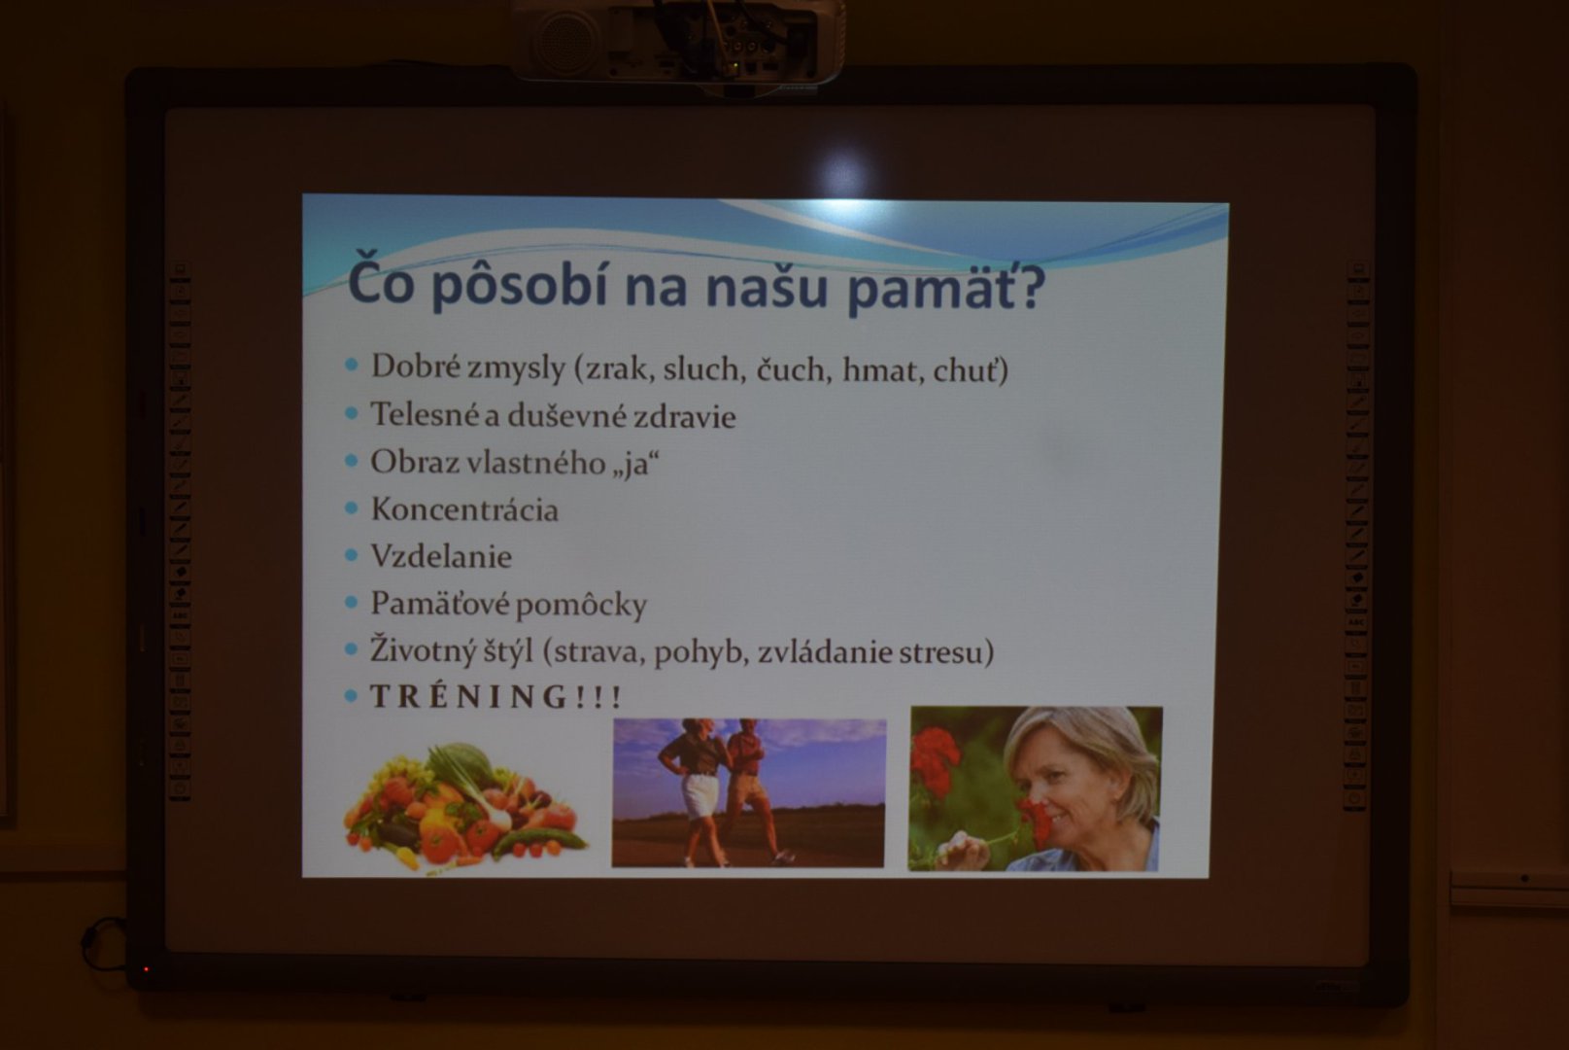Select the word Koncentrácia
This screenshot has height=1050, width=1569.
(x=464, y=509)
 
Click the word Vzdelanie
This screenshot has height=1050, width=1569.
(x=441, y=556)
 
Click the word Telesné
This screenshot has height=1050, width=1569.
(x=425, y=414)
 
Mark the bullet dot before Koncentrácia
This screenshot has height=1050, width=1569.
(x=352, y=508)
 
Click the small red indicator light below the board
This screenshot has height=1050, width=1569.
(x=147, y=969)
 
